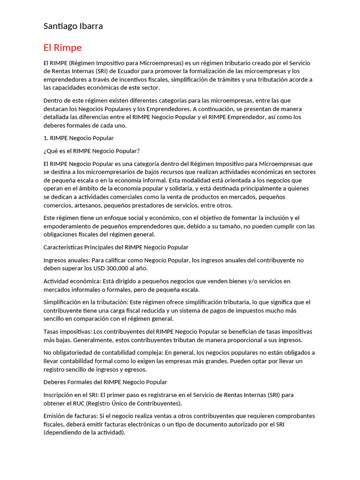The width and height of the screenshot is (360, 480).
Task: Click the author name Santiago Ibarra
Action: [73, 26]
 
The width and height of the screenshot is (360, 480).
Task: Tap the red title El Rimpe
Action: [62, 48]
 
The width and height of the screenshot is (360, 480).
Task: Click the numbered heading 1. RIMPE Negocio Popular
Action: [78, 138]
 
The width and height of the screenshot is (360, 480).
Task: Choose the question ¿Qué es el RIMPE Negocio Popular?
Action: [91, 150]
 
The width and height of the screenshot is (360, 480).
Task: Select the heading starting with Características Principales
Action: [116, 247]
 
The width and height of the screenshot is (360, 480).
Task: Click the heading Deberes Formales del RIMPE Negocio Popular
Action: [105, 382]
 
